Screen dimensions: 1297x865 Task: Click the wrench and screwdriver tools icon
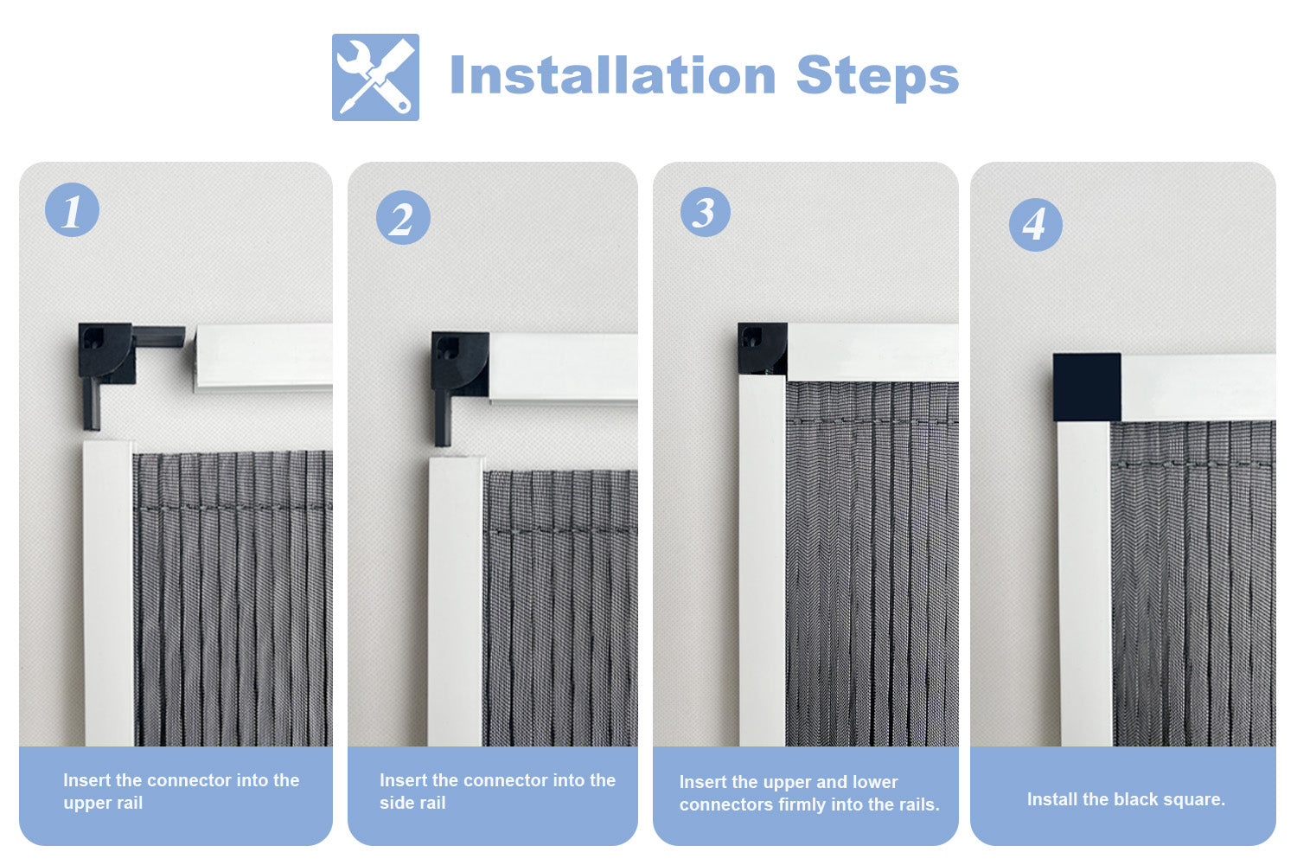tap(375, 77)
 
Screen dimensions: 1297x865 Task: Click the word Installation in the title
tap(612, 76)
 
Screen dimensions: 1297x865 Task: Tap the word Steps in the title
tap(878, 77)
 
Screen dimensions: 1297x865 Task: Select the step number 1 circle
tap(73, 209)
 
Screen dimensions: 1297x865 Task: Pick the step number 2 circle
tap(403, 217)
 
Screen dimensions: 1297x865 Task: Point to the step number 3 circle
tap(706, 211)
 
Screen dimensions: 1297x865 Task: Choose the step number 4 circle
tap(1035, 225)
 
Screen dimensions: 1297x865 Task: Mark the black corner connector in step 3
tap(762, 348)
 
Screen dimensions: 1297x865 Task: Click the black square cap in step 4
tap(1087, 387)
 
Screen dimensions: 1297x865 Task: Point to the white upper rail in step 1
tap(264, 357)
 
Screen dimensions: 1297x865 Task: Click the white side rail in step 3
tap(762, 561)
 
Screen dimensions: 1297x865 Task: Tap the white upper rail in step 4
tap(1198, 387)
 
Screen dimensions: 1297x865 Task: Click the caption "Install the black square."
tap(1126, 799)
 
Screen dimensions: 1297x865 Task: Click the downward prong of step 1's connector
tap(92, 404)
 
